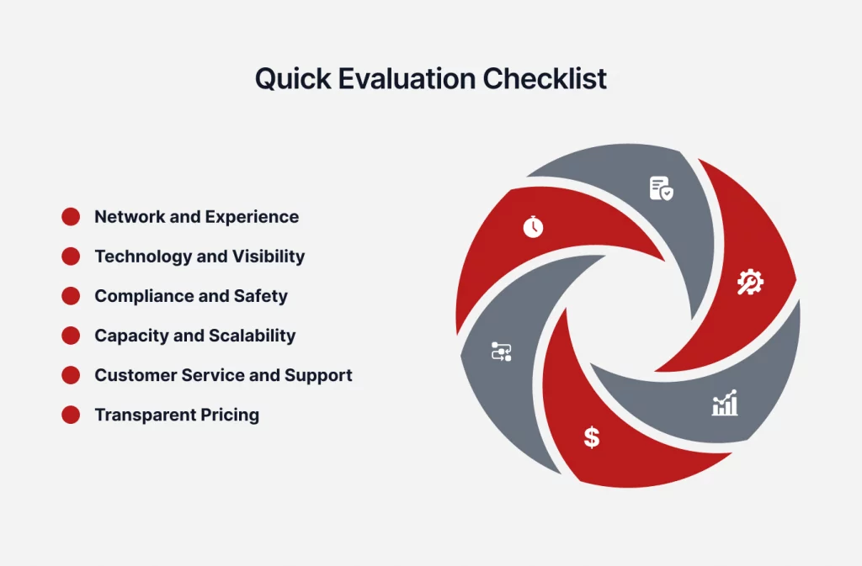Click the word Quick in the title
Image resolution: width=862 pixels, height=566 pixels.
click(x=293, y=79)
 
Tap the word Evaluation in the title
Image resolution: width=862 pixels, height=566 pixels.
click(x=407, y=78)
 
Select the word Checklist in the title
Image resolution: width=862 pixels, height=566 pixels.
click(x=545, y=78)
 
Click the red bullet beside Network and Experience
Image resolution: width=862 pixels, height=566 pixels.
click(x=71, y=217)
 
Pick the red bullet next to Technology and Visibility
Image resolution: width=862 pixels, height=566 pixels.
click(x=71, y=257)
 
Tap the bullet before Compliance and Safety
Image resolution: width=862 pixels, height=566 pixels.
click(x=71, y=296)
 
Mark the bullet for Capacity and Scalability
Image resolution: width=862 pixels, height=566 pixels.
click(x=71, y=336)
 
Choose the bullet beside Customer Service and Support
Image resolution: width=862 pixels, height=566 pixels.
click(x=71, y=375)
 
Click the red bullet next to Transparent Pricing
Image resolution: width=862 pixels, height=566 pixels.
click(x=71, y=415)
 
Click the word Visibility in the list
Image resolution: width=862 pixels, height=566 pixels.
click(x=269, y=257)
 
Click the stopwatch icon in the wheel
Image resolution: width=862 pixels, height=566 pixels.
click(x=533, y=227)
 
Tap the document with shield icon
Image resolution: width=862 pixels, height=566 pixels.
click(x=662, y=188)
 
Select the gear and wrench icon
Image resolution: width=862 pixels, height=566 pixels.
click(x=750, y=283)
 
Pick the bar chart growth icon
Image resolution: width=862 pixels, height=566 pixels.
click(x=725, y=403)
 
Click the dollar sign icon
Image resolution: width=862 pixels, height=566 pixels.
click(x=592, y=437)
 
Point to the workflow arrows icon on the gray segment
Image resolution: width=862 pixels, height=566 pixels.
click(x=502, y=352)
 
